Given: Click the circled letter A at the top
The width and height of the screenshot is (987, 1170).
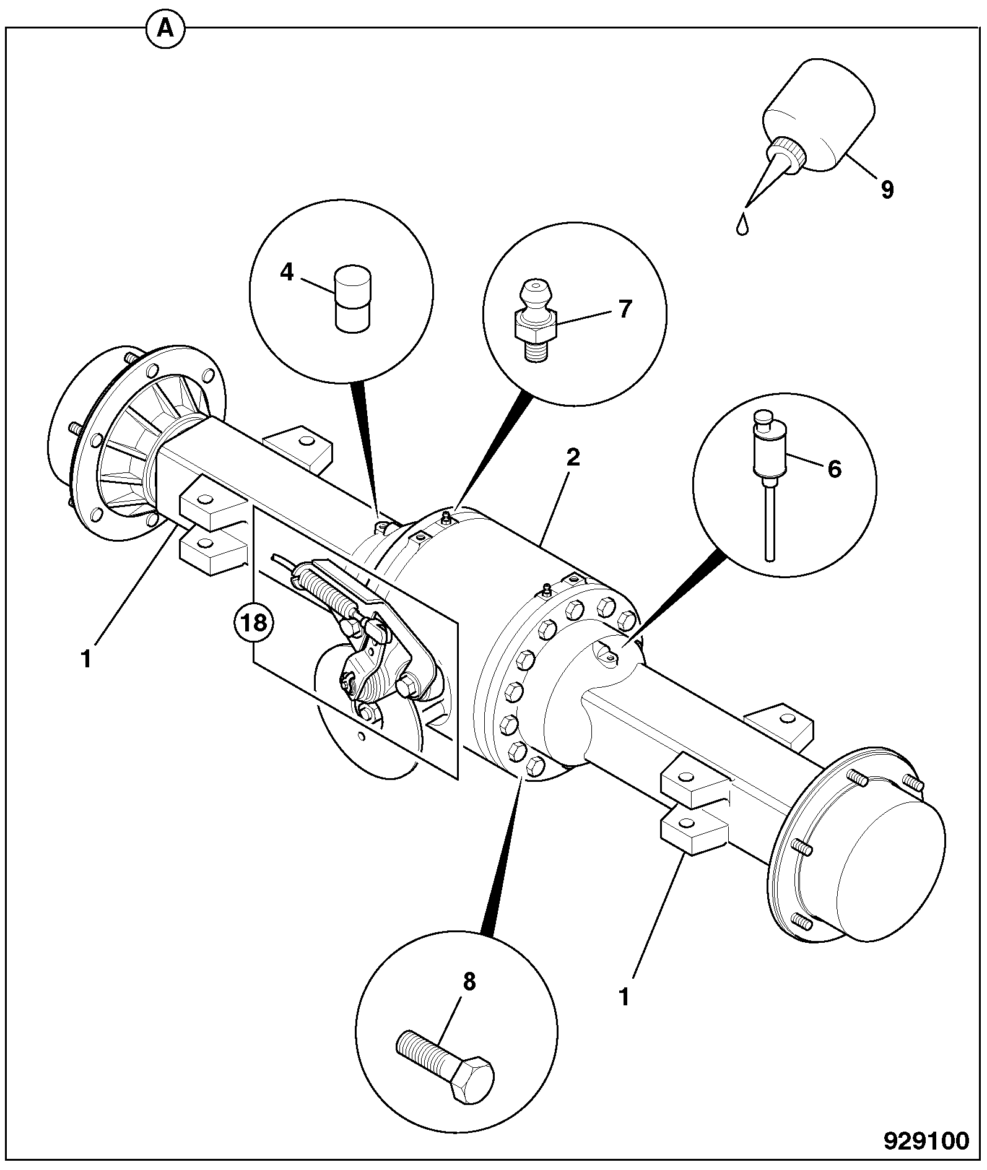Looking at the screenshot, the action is (165, 28).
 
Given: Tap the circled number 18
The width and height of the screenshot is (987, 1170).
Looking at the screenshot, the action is (253, 623).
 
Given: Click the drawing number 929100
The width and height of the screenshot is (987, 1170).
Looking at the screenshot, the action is (925, 1140).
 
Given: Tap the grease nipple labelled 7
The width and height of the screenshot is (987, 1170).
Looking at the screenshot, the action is (535, 321).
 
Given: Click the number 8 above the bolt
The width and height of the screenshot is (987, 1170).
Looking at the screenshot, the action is (469, 981).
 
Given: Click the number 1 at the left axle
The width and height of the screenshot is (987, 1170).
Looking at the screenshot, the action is (86, 659).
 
